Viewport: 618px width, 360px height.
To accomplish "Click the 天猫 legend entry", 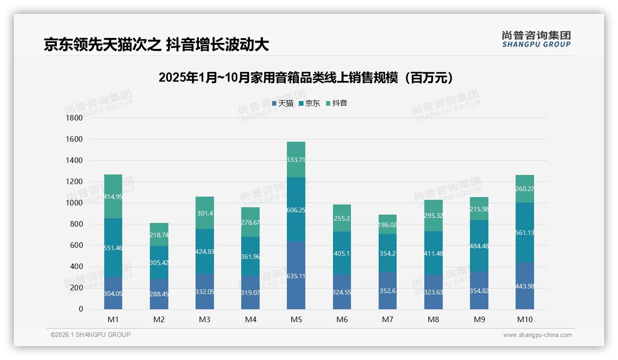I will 283,103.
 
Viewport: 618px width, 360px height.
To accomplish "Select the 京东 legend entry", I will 309,103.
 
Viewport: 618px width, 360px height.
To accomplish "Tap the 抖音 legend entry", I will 337,103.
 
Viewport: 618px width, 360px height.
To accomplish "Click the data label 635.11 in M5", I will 296,276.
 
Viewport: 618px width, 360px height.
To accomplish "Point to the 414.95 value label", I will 113,197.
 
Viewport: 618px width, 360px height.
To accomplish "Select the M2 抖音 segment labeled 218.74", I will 159,235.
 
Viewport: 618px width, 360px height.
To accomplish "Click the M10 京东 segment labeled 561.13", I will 525,233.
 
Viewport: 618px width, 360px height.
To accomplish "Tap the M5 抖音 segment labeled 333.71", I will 296,160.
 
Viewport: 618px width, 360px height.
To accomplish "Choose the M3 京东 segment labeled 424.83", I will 204,252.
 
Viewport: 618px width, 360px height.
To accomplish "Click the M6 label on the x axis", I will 342,319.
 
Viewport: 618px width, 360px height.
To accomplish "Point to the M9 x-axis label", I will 479,319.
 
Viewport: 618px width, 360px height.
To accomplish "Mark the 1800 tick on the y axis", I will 74,118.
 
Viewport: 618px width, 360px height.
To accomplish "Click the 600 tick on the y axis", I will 76,246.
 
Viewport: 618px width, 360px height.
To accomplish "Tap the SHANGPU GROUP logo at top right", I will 536,39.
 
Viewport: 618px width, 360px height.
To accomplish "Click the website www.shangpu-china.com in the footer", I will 537,335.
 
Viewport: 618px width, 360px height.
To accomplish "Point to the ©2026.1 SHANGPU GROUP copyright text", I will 90,335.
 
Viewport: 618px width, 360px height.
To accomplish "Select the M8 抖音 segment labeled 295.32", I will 433,216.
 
